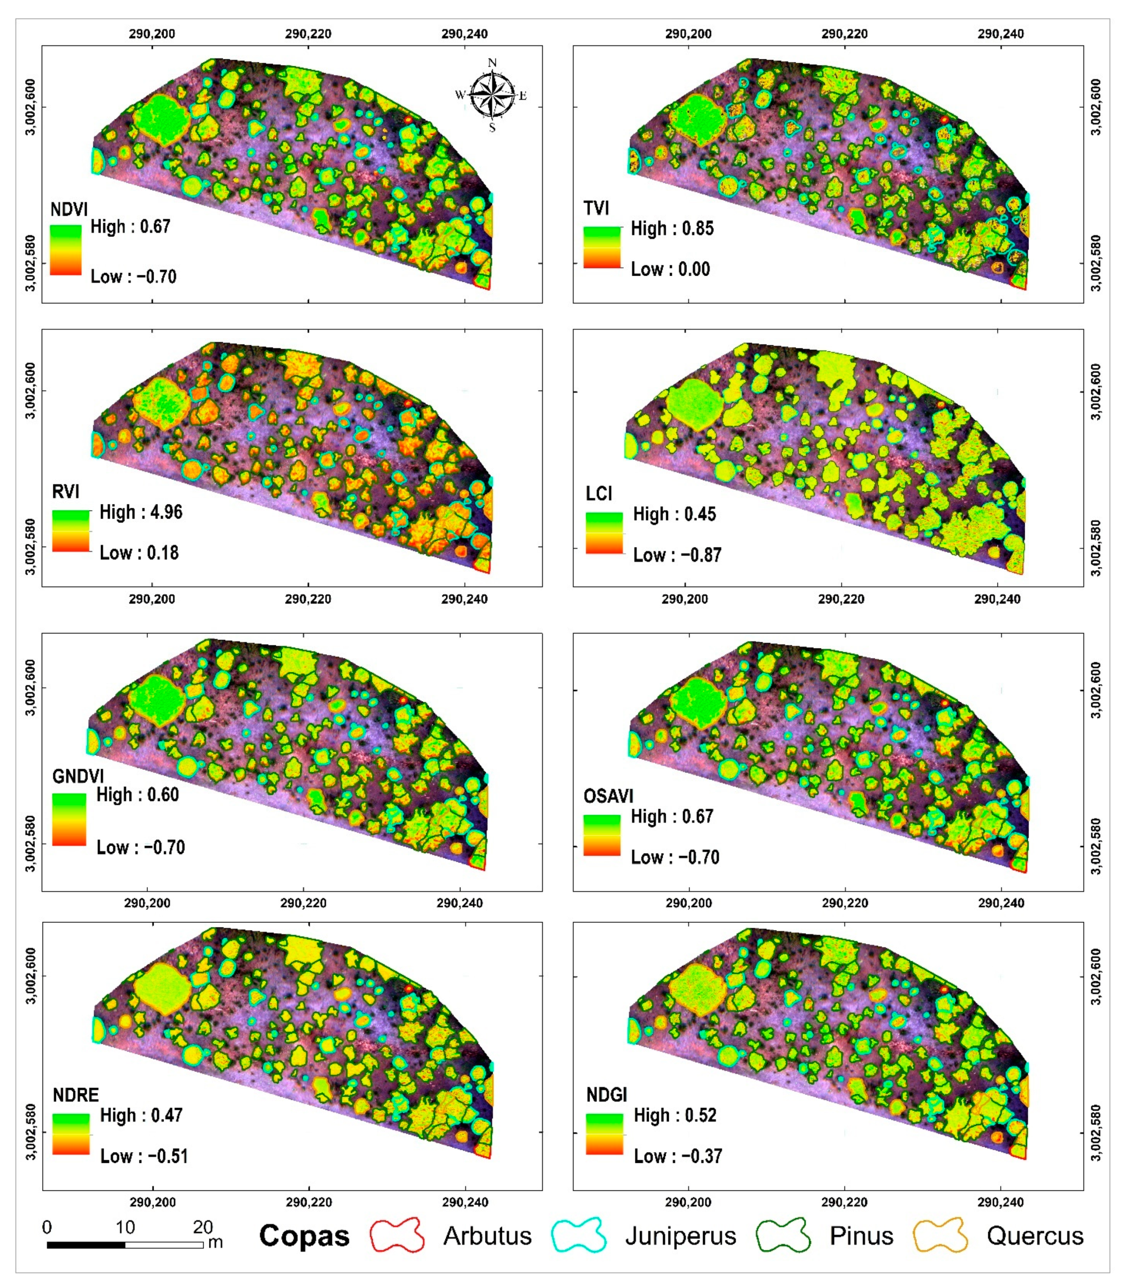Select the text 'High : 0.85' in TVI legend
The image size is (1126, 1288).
click(672, 229)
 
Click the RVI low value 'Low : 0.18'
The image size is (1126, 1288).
click(139, 553)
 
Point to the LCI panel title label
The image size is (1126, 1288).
click(598, 493)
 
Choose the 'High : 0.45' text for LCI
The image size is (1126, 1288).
click(674, 514)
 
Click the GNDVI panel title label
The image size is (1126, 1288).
click(78, 776)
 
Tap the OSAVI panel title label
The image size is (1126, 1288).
click(608, 796)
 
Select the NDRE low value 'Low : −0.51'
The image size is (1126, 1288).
click(144, 1156)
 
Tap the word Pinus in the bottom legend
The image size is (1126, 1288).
click(861, 1236)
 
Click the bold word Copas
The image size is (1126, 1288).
click(304, 1236)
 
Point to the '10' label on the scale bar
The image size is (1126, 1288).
click(125, 1226)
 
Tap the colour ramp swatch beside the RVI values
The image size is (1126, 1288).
click(70, 531)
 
